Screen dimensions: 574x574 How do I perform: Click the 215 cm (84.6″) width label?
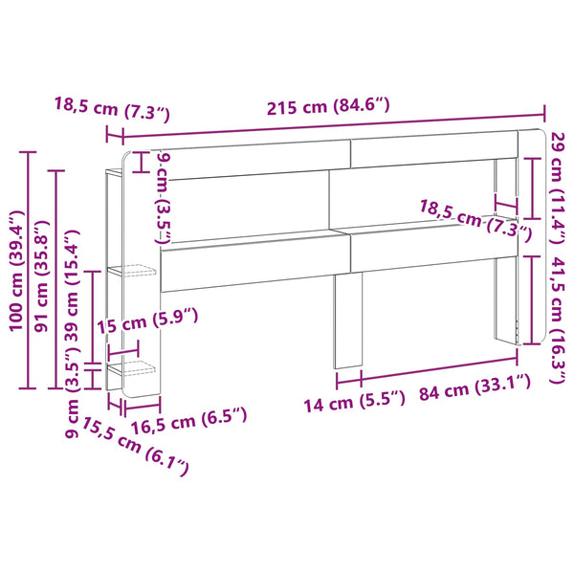[x=328, y=106]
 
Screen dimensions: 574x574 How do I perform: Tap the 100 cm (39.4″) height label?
[x=16, y=271]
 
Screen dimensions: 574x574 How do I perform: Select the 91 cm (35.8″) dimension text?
[x=41, y=276]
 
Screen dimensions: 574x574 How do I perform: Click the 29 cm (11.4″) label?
[x=558, y=188]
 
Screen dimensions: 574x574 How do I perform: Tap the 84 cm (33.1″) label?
[x=475, y=387]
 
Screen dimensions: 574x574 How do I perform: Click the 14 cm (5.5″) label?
[x=354, y=402]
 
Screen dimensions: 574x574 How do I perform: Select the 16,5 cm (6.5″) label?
[x=188, y=421]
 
